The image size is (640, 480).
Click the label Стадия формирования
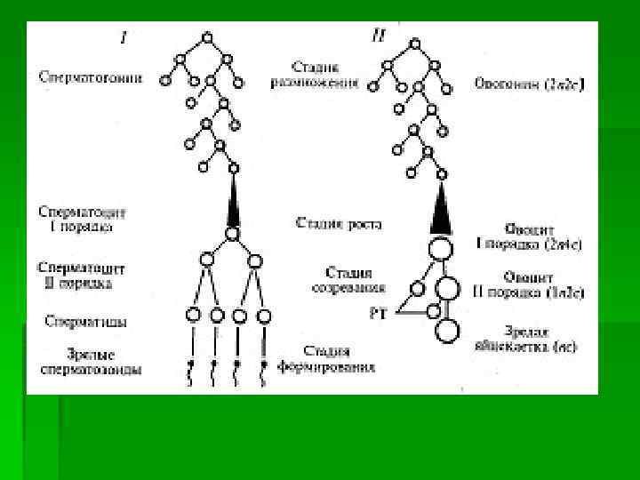[x=337, y=358]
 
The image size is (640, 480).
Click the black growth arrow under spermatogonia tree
[x=232, y=202]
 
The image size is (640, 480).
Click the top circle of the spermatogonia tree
[x=207, y=38]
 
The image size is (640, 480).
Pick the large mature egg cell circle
[x=448, y=332]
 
